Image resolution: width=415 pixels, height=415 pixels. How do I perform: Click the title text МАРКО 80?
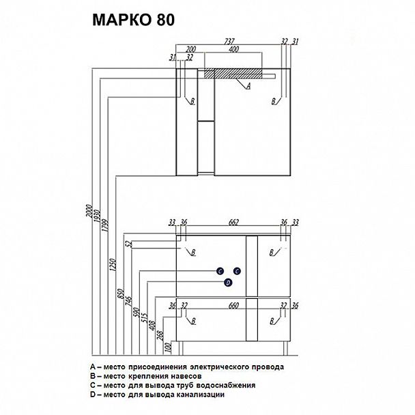pos(133,20)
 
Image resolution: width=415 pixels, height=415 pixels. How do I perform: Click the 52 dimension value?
pos(128,244)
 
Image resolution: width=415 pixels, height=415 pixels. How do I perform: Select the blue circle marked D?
pos(229,283)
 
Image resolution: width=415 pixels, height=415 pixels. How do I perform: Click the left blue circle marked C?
pos(220,271)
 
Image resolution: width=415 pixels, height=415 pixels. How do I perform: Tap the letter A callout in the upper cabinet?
pos(248,86)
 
